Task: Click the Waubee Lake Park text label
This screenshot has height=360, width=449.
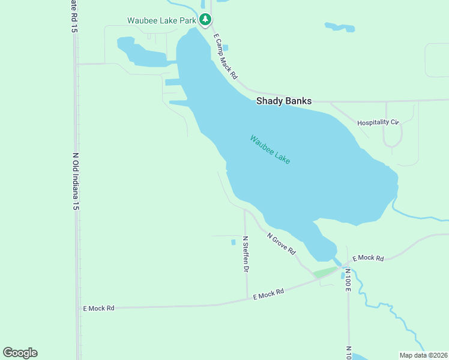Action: click(x=161, y=20)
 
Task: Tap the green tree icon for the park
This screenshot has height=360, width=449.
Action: click(x=205, y=20)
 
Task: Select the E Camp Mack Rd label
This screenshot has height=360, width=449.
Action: click(x=226, y=56)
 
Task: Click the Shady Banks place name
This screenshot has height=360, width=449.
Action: click(x=284, y=101)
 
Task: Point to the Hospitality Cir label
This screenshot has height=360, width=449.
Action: click(x=378, y=122)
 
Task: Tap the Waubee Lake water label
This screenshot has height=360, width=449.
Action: click(x=270, y=150)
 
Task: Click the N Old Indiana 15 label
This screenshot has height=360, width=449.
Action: click(x=76, y=181)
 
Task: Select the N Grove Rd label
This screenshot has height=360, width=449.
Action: click(x=282, y=243)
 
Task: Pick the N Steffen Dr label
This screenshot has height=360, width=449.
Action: click(x=246, y=254)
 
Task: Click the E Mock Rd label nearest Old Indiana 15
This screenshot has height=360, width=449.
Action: click(x=98, y=308)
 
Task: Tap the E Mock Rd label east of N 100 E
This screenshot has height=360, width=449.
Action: click(x=367, y=258)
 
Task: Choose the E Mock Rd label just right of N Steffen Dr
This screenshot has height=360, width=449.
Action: click(x=268, y=294)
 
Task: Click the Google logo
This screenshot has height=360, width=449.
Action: click(x=20, y=353)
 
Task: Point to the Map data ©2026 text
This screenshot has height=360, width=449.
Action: click(x=423, y=355)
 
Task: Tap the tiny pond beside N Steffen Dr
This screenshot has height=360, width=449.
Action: click(x=233, y=242)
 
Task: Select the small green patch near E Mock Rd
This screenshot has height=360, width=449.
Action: click(x=324, y=272)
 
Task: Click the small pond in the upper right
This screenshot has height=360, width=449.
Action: click(x=339, y=27)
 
